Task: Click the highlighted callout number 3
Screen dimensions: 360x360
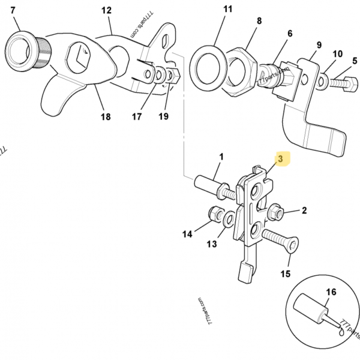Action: pos(281,158)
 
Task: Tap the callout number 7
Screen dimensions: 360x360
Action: pos(13,10)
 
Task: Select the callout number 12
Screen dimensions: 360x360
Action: pos(107,10)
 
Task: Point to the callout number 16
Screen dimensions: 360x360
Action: pos(331,292)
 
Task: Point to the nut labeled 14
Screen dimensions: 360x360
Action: pos(215,214)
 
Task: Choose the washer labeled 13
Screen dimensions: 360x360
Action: pos(229,220)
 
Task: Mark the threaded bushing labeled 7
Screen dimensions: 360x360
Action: pos(28,50)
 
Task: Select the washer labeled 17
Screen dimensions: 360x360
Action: pos(159,74)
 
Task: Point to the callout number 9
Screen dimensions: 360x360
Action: pos(319,45)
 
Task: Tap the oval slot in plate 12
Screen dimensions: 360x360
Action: pos(166,41)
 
